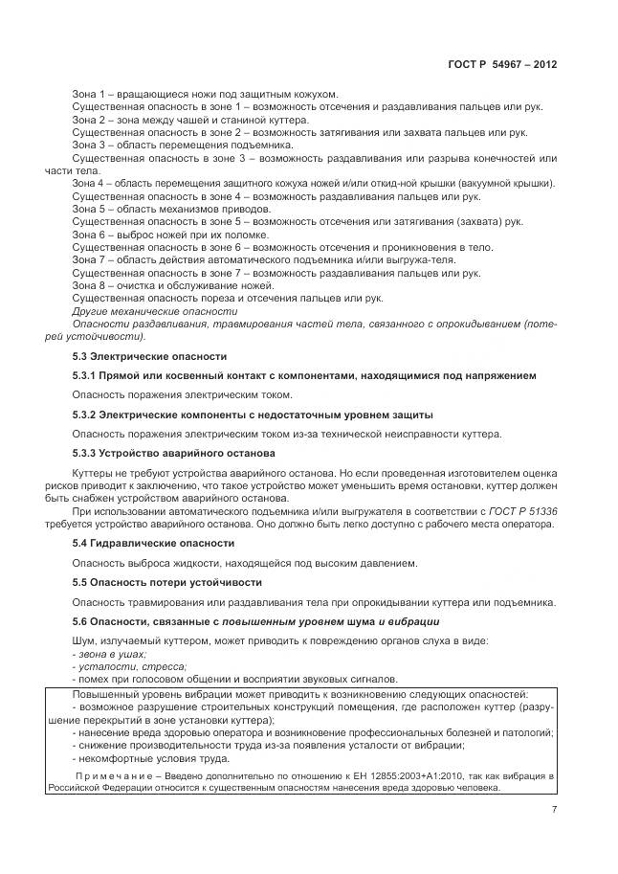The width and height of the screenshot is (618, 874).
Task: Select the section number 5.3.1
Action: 87,375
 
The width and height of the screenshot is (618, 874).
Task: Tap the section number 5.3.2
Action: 87,415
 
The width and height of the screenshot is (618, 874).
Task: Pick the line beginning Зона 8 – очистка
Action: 173,285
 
